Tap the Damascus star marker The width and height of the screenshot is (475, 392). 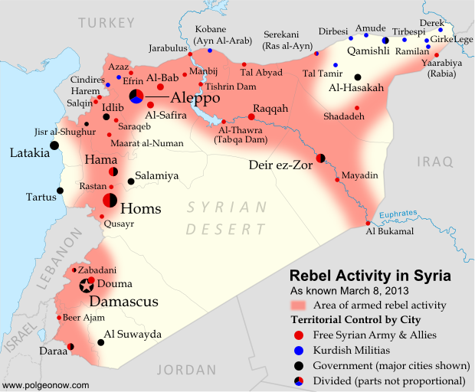pos(86,286)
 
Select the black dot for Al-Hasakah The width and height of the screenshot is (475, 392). pos(358,77)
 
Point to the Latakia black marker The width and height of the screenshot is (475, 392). pos(54,145)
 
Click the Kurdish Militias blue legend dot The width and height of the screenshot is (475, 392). pos(299,350)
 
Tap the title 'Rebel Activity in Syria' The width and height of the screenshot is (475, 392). pos(369,276)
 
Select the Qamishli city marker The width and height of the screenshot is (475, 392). pos(385,40)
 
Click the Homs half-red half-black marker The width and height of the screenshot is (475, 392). pos(110,201)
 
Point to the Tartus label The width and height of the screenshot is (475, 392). pos(41,197)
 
